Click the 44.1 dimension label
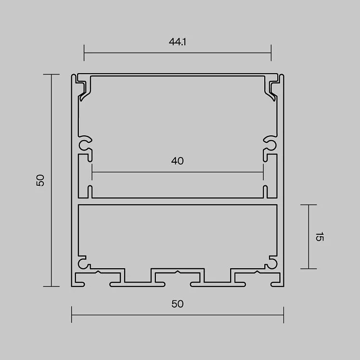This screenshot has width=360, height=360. (x=177, y=42)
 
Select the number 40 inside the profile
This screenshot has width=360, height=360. (x=177, y=161)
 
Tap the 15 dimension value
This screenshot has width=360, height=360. (x=320, y=237)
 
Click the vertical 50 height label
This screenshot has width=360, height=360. (x=40, y=180)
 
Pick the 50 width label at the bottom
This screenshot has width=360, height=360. (x=178, y=304)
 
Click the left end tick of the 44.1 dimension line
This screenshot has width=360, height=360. (x=84, y=53)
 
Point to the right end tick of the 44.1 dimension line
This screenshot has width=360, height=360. (x=271, y=53)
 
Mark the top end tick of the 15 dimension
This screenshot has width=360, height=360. (x=309, y=205)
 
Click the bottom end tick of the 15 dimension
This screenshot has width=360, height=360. (x=309, y=269)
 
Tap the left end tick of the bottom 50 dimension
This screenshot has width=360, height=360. (x=72, y=315)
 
